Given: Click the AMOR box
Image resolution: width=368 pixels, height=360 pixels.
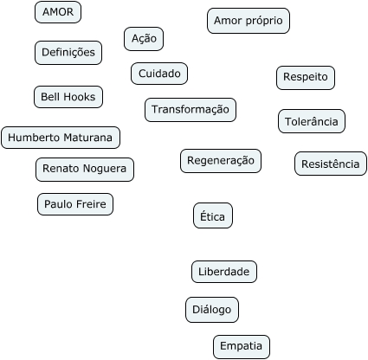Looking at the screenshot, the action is [58, 12].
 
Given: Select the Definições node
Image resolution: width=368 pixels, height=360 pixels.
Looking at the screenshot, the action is [68, 53].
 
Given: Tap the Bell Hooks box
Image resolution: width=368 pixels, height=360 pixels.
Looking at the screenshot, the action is [68, 97].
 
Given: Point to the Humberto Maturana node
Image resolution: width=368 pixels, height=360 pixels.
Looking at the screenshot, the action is [61, 138].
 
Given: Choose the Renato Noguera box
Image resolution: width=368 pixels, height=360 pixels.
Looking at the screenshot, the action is [85, 170].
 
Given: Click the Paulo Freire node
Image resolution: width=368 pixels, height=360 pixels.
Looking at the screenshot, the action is [75, 204].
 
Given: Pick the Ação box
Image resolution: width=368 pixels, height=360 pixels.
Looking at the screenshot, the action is [144, 39].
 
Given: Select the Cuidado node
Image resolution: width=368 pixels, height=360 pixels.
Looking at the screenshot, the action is [159, 74].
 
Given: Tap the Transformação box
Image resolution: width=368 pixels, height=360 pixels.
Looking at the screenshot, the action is [190, 110].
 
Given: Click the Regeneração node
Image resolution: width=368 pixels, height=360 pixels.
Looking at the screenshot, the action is [221, 161].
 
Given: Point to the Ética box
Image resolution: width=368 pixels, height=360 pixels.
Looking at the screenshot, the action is [213, 215].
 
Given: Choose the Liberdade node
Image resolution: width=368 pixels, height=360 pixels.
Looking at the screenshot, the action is [224, 272].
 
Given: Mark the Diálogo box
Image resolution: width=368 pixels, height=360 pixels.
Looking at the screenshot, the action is [212, 310].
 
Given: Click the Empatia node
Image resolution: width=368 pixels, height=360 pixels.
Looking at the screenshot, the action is [242, 347].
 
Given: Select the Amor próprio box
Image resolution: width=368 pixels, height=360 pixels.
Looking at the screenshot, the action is [249, 21].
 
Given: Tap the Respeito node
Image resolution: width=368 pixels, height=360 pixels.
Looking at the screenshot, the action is [306, 78].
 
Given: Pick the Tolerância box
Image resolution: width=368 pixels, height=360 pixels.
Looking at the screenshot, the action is [312, 121].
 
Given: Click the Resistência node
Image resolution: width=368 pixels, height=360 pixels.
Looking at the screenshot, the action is [331, 164].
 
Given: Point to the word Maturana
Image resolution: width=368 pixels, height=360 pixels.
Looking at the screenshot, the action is [87, 138].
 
